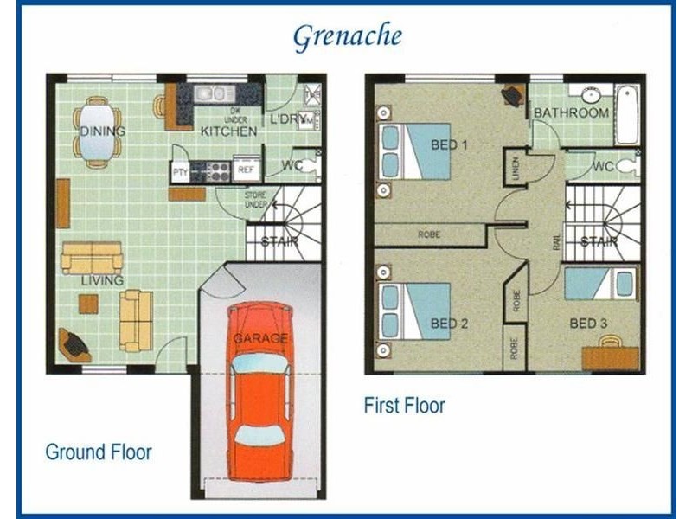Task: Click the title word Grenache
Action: click(347, 36)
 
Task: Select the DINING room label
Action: click(103, 131)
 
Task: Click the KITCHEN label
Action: click(228, 131)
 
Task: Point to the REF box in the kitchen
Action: click(246, 170)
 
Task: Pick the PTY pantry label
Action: click(180, 171)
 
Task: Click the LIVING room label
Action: click(103, 280)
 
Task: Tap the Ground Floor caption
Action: click(99, 452)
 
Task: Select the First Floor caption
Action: click(405, 405)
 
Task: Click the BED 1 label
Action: click(449, 144)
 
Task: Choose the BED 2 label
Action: click(449, 324)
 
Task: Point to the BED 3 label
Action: click(588, 324)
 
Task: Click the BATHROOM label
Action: click(571, 113)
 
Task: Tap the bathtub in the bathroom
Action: click(626, 113)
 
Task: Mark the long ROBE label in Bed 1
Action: click(429, 234)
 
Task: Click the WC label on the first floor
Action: click(603, 166)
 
